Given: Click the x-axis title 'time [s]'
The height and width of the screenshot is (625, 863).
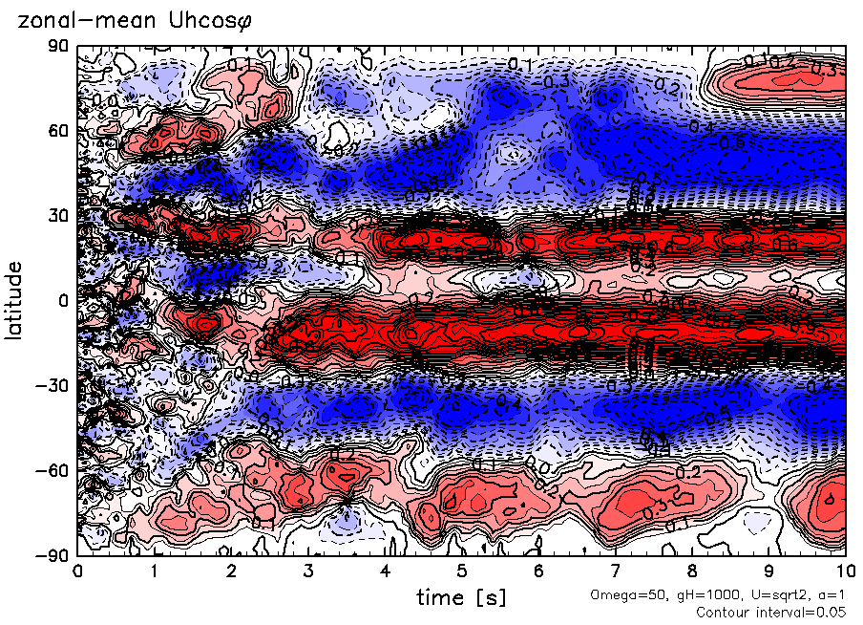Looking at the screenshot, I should tap(461, 597).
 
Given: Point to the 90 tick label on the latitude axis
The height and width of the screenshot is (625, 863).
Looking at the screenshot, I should tap(60, 45).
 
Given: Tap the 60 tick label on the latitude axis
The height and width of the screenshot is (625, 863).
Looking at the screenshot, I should tap(60, 130).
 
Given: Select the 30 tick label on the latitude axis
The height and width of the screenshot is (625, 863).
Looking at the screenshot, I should tap(60, 215).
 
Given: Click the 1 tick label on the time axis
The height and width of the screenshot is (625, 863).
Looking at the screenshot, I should tap(154, 571).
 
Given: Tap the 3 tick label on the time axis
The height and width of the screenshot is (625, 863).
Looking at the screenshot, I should tap(307, 571).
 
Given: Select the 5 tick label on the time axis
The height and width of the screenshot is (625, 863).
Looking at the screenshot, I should tap(461, 571).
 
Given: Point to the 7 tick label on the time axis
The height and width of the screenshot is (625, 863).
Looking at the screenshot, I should tap(616, 571).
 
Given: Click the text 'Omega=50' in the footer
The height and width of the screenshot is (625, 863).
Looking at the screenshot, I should tap(621, 594).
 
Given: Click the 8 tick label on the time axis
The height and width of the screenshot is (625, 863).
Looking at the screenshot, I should tap(692, 571).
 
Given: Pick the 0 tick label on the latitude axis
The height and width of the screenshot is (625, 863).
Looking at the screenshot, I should tap(65, 300).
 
